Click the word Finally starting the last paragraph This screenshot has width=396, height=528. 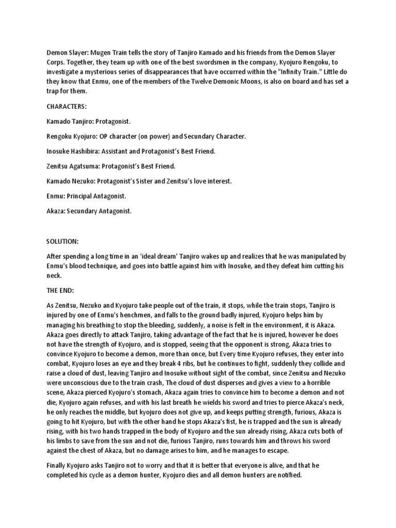(57, 465)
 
